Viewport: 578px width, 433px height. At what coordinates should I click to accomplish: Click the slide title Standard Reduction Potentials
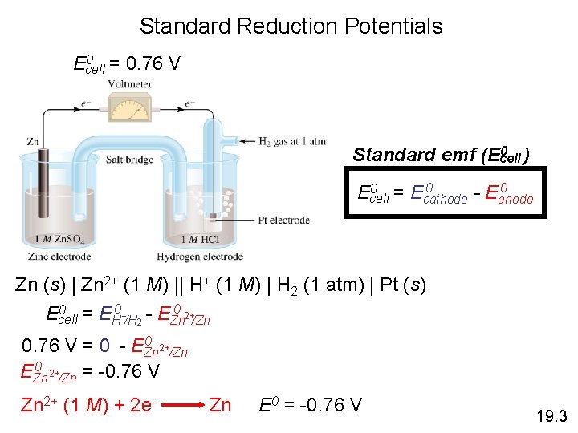pyautogui.click(x=291, y=26)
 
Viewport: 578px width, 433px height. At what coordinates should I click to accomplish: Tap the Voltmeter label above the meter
pyautogui.click(x=131, y=83)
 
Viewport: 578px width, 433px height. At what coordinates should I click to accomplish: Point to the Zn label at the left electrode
pyautogui.click(x=33, y=142)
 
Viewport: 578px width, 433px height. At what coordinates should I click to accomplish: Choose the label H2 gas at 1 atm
pyautogui.click(x=292, y=142)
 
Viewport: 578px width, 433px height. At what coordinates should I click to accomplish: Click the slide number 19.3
pyautogui.click(x=551, y=416)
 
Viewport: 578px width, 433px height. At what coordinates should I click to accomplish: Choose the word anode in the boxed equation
pyautogui.click(x=515, y=200)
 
